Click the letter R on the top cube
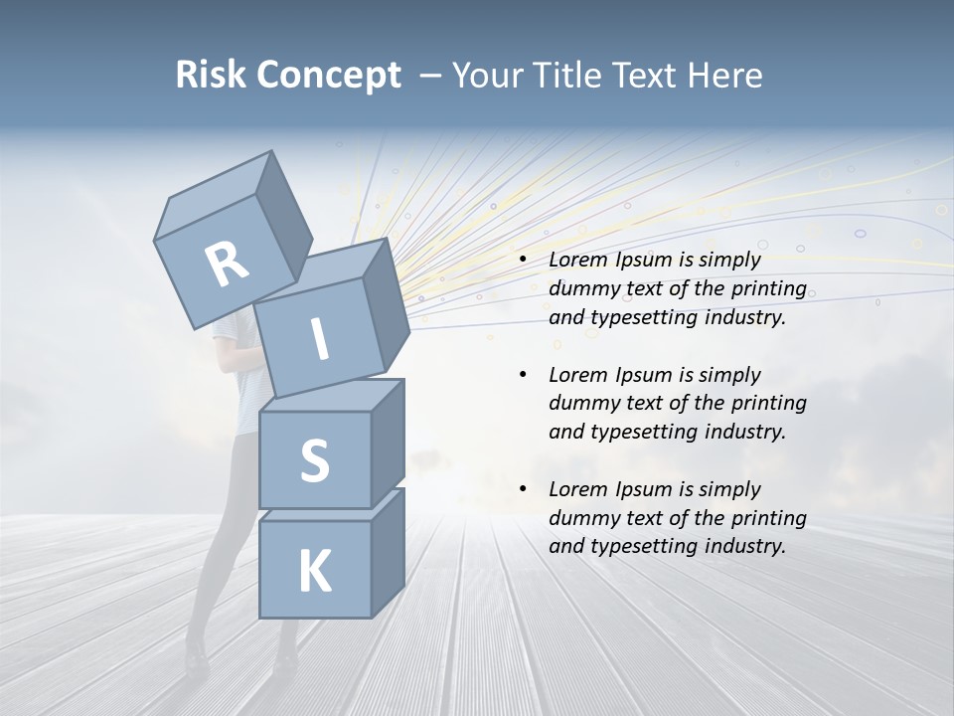pyautogui.click(x=227, y=265)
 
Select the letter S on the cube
pyautogui.click(x=314, y=460)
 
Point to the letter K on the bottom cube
pyautogui.click(x=314, y=571)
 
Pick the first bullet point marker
pyautogui.click(x=523, y=261)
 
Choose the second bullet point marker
pyautogui.click(x=523, y=375)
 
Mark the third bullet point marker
pyautogui.click(x=523, y=489)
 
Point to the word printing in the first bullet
pyautogui.click(x=767, y=288)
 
